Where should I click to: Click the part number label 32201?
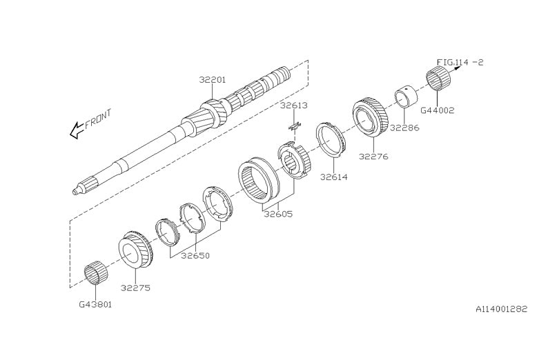click(213, 81)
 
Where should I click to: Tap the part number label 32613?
click(293, 106)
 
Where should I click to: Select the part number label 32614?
click(333, 177)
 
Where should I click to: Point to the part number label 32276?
click(373, 157)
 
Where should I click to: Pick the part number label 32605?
click(278, 214)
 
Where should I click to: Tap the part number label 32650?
click(195, 255)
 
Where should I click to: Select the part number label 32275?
click(135, 288)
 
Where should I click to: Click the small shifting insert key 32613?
click(294, 125)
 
